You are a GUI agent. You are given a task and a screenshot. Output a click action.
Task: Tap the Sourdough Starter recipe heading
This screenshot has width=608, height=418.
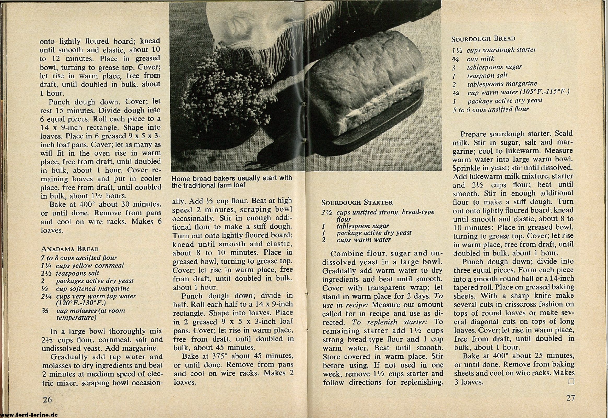[357, 202]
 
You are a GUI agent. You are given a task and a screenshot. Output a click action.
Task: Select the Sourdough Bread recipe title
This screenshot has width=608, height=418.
[483, 39]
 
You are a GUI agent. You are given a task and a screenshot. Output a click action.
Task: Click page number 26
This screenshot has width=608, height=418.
[47, 399]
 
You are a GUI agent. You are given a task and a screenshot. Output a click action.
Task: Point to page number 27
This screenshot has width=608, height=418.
[571, 398]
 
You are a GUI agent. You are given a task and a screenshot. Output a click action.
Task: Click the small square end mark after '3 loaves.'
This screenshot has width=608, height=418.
[571, 381]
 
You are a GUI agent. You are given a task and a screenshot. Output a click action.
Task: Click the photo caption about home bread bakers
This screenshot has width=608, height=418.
[231, 182]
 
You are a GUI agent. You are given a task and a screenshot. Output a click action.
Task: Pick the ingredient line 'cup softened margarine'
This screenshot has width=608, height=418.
[93, 289]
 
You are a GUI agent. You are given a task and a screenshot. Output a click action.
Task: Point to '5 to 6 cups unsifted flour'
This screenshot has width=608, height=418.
[491, 109]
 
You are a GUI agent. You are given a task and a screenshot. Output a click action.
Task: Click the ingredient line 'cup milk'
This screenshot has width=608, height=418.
[481, 59]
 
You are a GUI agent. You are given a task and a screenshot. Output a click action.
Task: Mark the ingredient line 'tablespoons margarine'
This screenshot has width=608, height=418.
[502, 84]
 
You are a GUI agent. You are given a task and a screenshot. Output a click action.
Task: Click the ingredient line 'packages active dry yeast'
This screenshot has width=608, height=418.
[95, 281]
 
